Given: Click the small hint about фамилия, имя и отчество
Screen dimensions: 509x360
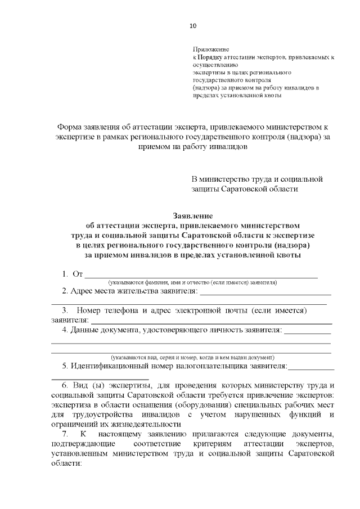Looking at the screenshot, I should (x=193, y=282).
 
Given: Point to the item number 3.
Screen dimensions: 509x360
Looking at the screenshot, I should (x=65, y=310).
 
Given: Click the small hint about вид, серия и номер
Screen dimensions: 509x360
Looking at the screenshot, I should (x=192, y=357).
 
